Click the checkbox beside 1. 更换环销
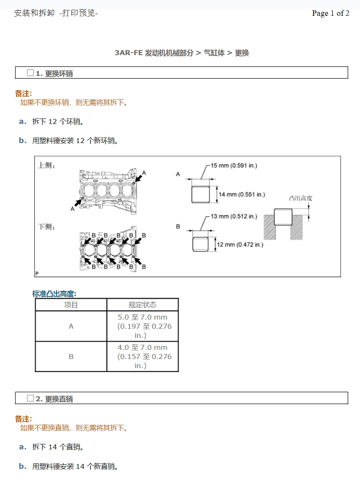(30, 73)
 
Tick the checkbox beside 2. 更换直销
(30, 398)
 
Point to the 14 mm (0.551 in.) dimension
(242, 194)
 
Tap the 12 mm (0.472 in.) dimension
(240, 245)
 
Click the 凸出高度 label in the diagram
(300, 198)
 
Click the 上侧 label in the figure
(46, 165)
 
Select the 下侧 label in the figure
(46, 227)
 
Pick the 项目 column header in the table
(71, 305)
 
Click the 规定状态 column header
(143, 305)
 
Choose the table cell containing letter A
(71, 326)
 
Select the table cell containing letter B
(71, 356)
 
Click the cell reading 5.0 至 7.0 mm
(143, 326)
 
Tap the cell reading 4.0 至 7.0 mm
(143, 356)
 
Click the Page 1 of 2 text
(330, 13)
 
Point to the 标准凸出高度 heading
(54, 294)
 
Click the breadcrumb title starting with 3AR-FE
(181, 53)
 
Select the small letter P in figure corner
(37, 274)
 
